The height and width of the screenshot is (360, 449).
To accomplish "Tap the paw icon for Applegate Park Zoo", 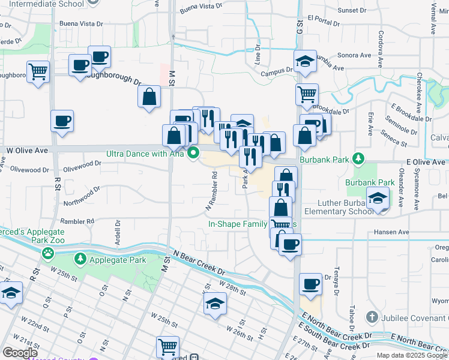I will point(47,253).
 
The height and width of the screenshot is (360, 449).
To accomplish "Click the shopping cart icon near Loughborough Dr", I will point(38,72).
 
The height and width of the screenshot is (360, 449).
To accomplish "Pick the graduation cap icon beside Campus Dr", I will point(305,61).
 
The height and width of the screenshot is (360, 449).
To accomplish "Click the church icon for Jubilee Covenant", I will point(372,316).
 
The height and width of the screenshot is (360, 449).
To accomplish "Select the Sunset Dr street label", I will point(352,11).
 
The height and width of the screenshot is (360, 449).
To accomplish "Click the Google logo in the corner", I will point(20,353).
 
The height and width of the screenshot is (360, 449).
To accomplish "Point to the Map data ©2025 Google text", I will point(412,355).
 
